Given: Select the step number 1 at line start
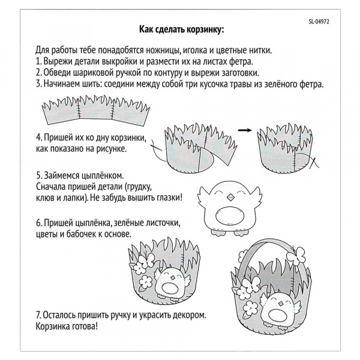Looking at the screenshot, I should coord(37,62).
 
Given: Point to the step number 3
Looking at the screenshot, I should coord(37,84).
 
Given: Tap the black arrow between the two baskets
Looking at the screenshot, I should coord(244,130).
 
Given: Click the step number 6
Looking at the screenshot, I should coord(37,223).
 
